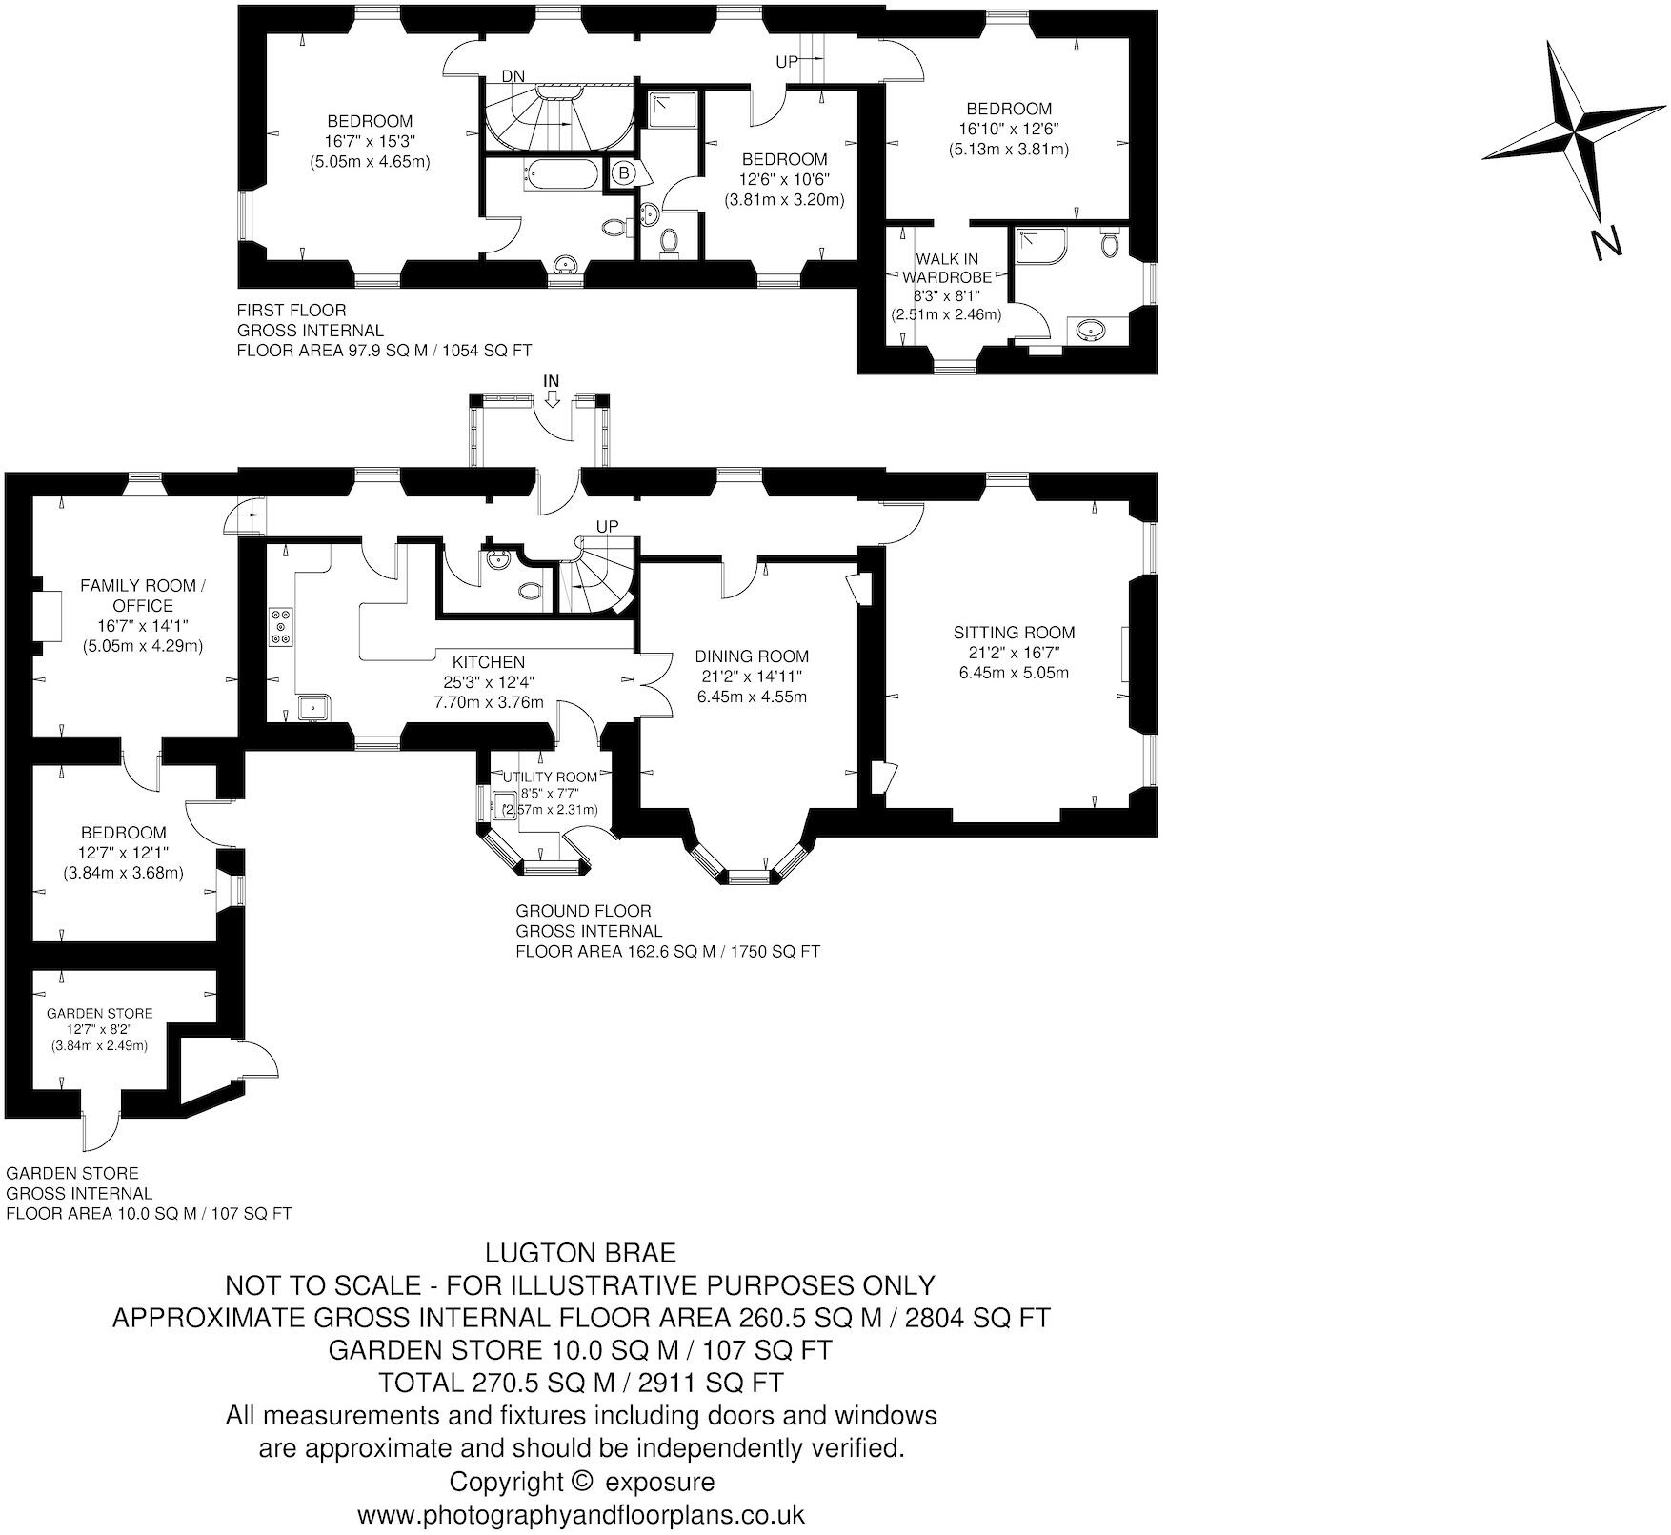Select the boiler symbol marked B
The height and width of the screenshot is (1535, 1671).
[624, 172]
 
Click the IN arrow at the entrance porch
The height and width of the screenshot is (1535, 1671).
[551, 390]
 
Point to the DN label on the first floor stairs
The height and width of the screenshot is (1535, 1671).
[513, 76]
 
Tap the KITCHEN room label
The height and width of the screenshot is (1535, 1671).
[488, 662]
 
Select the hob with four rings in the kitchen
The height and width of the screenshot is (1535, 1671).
[281, 626]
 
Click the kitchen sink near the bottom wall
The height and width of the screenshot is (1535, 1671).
[312, 708]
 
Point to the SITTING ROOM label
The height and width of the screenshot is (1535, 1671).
[1014, 632]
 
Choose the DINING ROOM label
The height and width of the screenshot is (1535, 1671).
[751, 656]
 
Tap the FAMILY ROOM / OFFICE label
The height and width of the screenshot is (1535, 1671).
[142, 595]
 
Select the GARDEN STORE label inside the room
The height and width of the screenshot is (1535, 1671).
[99, 1013]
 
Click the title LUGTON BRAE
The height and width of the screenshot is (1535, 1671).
[580, 1251]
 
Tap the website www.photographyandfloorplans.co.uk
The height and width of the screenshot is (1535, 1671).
[580, 1514]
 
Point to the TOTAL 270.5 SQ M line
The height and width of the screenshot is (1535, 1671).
[580, 1382]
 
